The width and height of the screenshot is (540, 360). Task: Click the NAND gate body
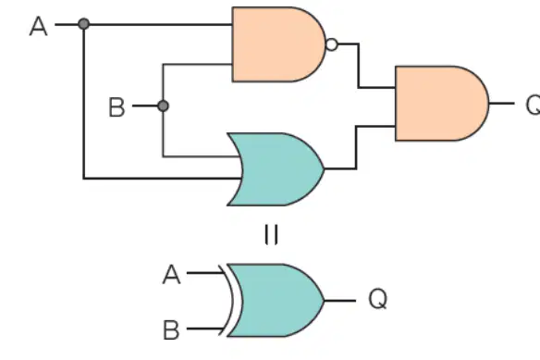pos(278,44)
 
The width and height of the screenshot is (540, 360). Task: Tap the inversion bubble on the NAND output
pos(332,44)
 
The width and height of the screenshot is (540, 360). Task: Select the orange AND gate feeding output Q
pos(441,104)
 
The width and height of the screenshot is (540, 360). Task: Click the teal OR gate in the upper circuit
pos(276,169)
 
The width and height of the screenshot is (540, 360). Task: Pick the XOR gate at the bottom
pos(276,301)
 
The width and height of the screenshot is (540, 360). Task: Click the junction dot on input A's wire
pos(84,24)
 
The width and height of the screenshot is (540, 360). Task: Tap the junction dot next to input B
pos(163,106)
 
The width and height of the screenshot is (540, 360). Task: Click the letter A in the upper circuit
pos(38,27)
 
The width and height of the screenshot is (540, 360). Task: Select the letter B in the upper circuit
pos(117,107)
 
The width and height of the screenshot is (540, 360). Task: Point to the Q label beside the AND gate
pos(533,106)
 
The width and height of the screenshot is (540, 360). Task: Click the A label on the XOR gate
pos(171,275)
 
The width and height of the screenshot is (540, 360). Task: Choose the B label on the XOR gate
pos(171,330)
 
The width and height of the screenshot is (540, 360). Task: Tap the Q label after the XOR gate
pos(378,299)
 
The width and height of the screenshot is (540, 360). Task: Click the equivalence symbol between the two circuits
pos(271,234)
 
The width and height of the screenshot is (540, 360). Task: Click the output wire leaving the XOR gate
pos(340,301)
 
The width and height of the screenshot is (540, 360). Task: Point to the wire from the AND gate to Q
pos(501,103)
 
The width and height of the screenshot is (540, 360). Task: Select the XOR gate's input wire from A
pos(205,273)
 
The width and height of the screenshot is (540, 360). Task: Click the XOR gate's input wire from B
pos(205,329)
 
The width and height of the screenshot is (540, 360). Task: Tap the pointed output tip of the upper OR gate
pos(325,169)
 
